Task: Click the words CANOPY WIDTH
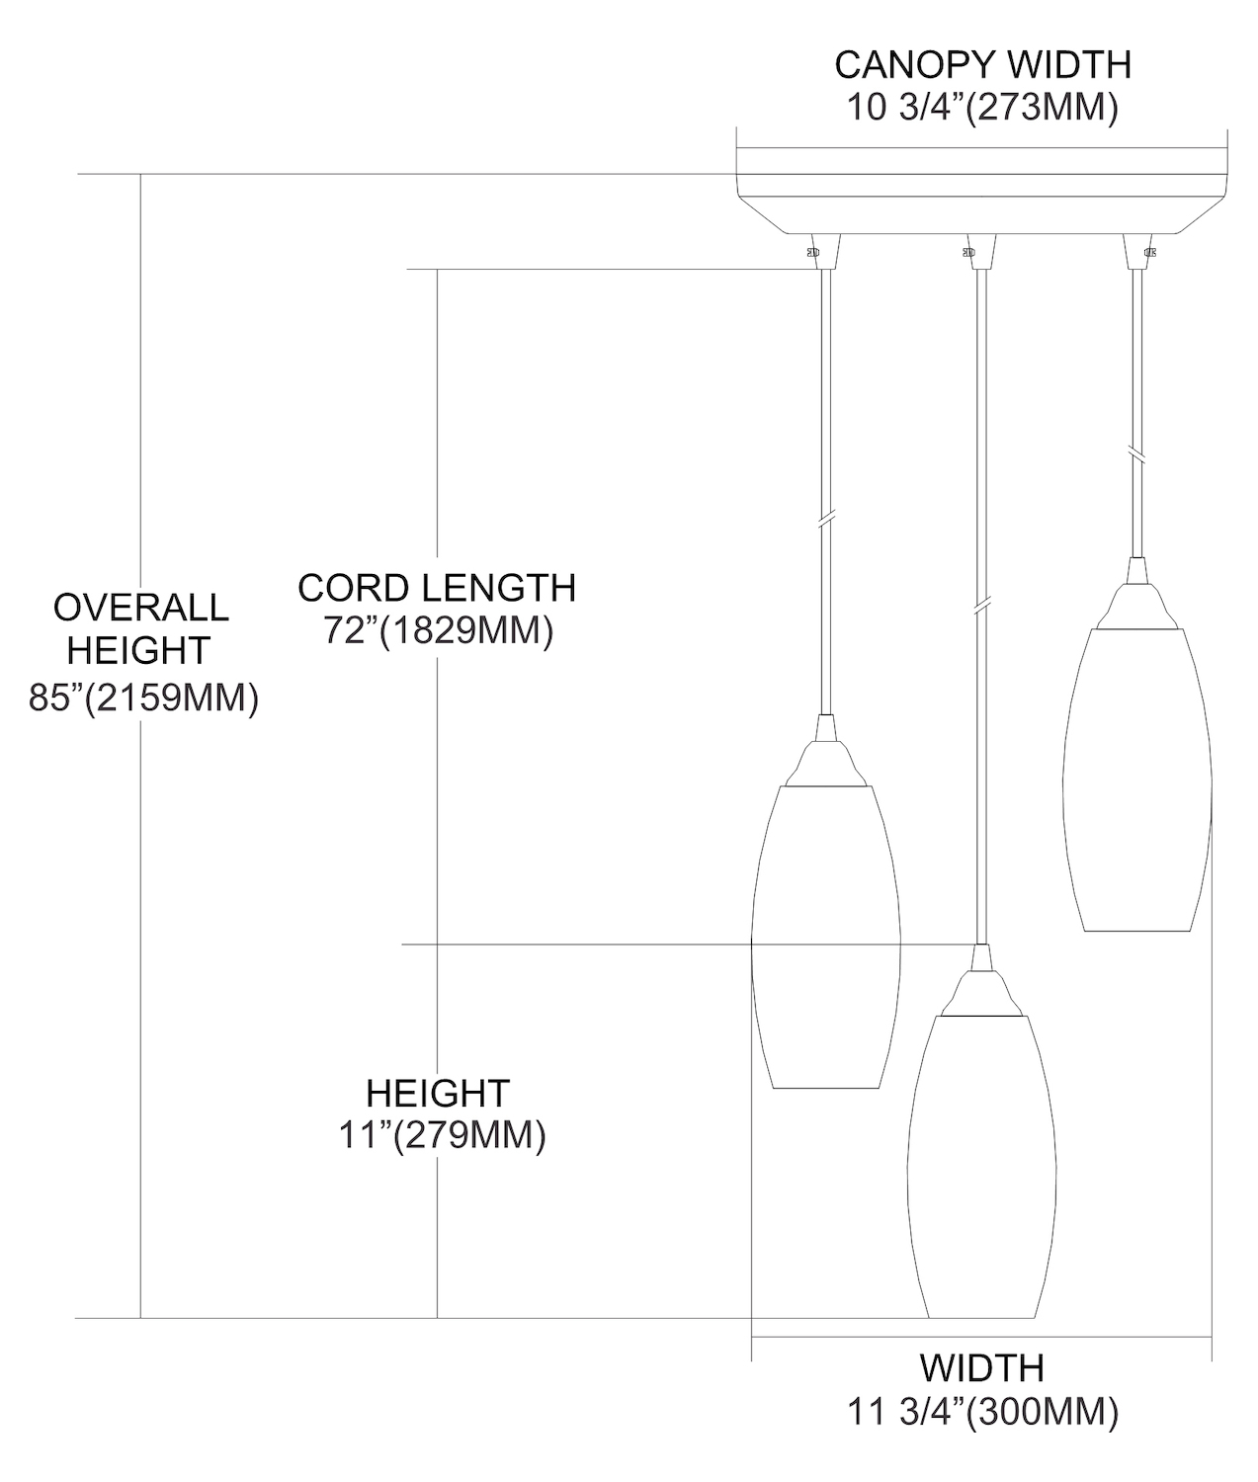click(982, 65)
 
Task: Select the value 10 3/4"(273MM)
click(982, 109)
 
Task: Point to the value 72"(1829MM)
click(438, 631)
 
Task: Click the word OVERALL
click(141, 608)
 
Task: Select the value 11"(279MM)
click(442, 1135)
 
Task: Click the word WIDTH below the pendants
click(982, 1368)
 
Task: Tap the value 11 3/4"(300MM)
click(982, 1413)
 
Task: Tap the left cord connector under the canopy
click(825, 252)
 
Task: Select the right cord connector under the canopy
click(1137, 252)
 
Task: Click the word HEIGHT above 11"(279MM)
click(438, 1094)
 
